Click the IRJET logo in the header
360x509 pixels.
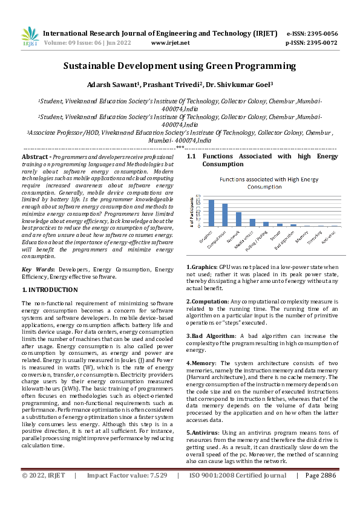pyautogui.click(x=30, y=36)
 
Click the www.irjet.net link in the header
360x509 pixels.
pyautogui.click(x=170, y=43)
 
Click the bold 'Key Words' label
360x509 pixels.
pyautogui.click(x=36, y=269)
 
